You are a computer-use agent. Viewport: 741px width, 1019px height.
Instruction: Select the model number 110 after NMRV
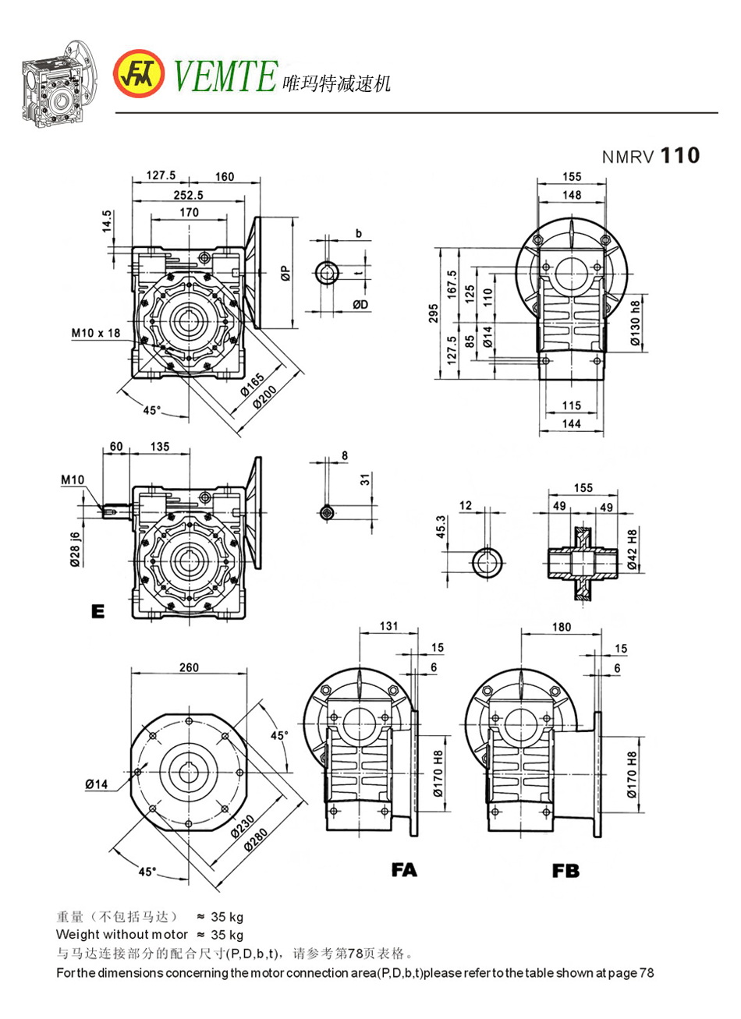[x=680, y=156]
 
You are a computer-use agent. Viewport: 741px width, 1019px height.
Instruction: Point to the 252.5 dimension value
[x=187, y=193]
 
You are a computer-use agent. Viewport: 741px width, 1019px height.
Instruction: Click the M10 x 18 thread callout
[x=96, y=333]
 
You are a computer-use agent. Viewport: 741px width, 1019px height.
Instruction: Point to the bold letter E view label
[x=97, y=611]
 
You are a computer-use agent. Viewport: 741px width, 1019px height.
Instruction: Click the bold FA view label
[x=404, y=869]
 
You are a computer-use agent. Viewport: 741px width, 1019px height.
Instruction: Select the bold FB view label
[x=565, y=871]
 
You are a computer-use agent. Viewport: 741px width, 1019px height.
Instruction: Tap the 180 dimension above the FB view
[x=561, y=626]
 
